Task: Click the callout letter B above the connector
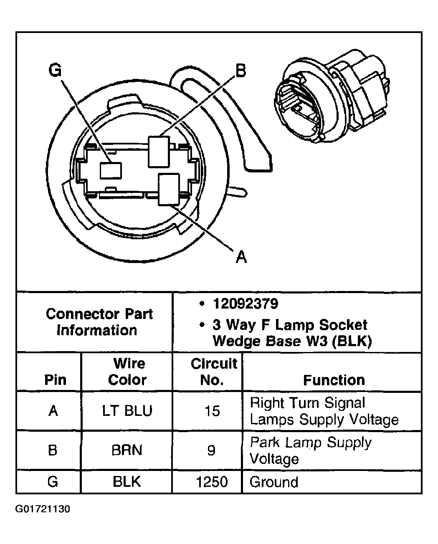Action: tap(241, 71)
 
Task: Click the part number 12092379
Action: tap(245, 304)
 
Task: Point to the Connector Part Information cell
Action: tap(99, 322)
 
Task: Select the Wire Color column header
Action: tap(127, 372)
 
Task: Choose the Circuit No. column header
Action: tap(214, 372)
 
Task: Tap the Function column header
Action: tap(334, 380)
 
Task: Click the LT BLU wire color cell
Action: tap(127, 411)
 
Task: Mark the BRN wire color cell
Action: tap(127, 450)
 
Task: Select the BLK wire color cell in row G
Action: tap(127, 482)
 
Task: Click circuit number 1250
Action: tap(212, 482)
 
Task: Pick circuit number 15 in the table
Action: tap(212, 411)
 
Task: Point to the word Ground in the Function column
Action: tap(274, 482)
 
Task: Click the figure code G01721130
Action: tap(43, 509)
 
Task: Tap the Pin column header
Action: tap(55, 380)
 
